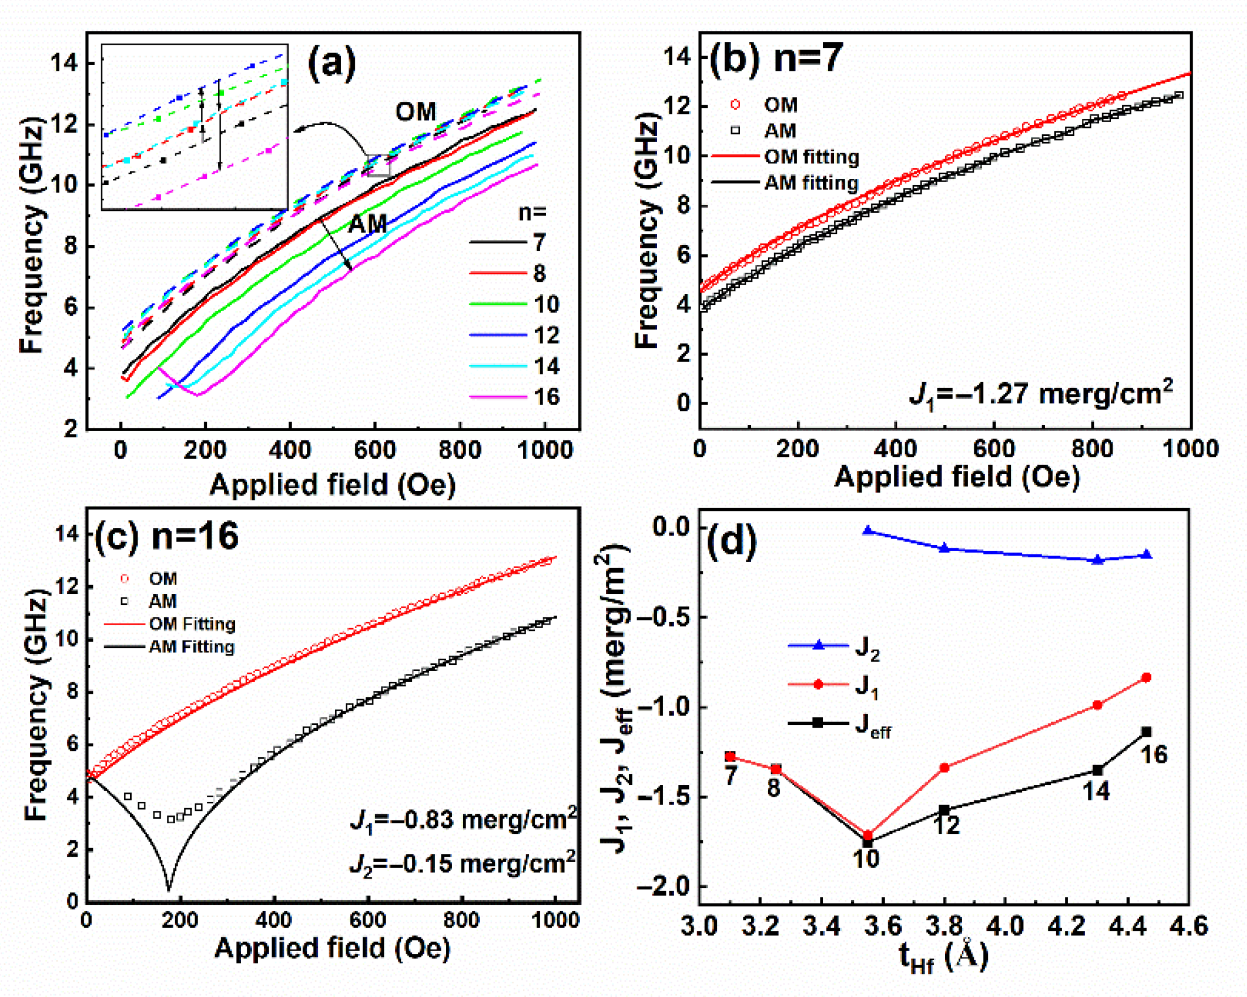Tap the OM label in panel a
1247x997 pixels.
pyautogui.click(x=415, y=111)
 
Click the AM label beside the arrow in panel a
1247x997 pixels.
pyautogui.click(x=368, y=224)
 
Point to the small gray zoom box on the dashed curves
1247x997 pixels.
pyautogui.click(x=380, y=166)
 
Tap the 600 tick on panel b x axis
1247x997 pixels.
pyautogui.click(x=994, y=449)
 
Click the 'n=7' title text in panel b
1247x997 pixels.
pyautogui.click(x=809, y=58)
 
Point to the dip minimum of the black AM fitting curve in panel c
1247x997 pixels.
pyautogui.click(x=168, y=889)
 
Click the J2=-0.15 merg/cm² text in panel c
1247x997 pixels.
pyautogui.click(x=463, y=864)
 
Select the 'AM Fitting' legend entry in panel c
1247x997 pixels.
pyautogui.click(x=191, y=647)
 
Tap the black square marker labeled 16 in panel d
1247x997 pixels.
pyautogui.click(x=1146, y=732)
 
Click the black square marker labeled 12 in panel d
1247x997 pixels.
pyautogui.click(x=944, y=810)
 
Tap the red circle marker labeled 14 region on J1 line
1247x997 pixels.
pyautogui.click(x=1097, y=705)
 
